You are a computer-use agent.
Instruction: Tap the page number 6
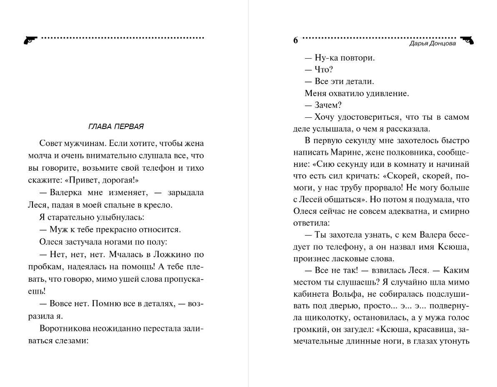[x=295, y=40]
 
